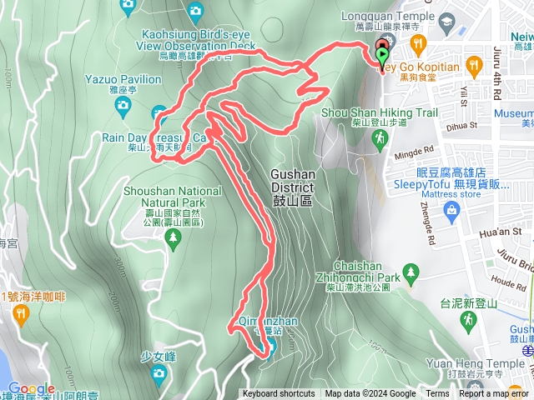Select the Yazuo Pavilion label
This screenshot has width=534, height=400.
click(x=123, y=79)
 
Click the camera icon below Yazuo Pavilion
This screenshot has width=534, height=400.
click(x=123, y=104)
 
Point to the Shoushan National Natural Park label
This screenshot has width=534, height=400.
click(x=173, y=196)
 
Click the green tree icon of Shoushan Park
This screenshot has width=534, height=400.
click(x=173, y=240)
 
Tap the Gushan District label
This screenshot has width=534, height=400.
click(x=293, y=182)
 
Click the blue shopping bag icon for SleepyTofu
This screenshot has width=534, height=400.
click(x=451, y=212)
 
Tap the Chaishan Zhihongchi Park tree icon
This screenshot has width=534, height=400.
click(x=411, y=272)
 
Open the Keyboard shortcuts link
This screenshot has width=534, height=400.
click(x=279, y=394)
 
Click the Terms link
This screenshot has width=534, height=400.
click(x=437, y=394)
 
